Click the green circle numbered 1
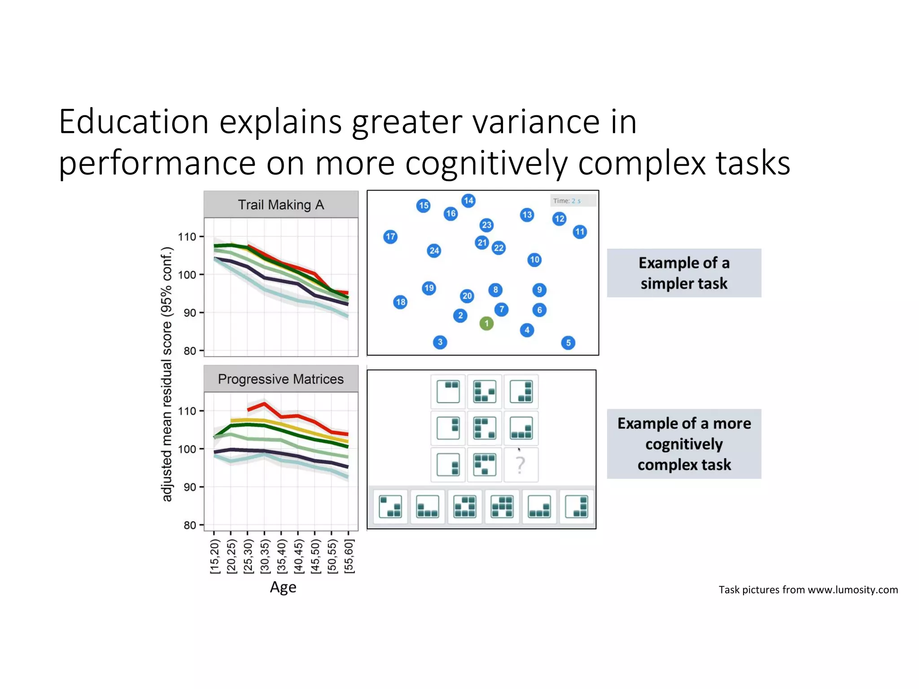click(486, 323)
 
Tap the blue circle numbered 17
click(390, 236)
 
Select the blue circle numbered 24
click(434, 250)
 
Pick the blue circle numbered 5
click(568, 343)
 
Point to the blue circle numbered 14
click(468, 201)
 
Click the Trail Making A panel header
click(281, 205)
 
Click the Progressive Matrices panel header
click(281, 379)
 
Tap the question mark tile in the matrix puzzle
click(521, 465)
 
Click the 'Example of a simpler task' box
click(684, 273)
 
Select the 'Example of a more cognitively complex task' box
click(684, 444)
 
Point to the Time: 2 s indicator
click(573, 201)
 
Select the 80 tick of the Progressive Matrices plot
click(190, 525)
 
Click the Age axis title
click(283, 587)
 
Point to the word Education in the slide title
click(134, 122)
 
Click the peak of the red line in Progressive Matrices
click(264, 404)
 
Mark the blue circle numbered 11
click(580, 231)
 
